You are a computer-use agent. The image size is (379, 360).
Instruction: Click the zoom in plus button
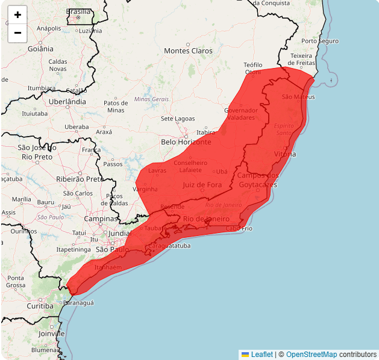coord(17,15)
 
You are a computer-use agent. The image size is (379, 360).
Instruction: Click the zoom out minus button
coord(17,33)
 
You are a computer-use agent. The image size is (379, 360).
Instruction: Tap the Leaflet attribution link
coord(261,355)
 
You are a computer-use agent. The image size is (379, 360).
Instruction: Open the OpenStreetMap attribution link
coord(312,355)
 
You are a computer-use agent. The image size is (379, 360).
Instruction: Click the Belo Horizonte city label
coord(186,142)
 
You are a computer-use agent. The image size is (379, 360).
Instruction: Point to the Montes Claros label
coord(189,51)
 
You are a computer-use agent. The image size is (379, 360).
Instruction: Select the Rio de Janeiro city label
coord(206,219)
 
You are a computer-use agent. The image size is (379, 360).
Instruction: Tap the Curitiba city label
coord(40,306)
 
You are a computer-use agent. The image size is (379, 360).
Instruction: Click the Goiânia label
coord(40,48)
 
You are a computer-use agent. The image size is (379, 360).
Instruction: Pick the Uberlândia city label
coord(67,102)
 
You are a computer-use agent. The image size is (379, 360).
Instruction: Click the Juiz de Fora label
coord(202,185)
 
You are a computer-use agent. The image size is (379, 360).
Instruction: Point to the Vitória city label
coord(285,154)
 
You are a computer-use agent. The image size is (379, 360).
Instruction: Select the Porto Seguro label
coord(320,41)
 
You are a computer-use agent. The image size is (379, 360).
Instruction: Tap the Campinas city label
coord(101,219)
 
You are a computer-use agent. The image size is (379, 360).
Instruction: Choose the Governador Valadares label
coord(241,114)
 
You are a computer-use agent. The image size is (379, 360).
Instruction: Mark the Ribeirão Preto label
coord(80,179)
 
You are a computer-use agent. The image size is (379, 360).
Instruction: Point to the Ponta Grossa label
coord(16,282)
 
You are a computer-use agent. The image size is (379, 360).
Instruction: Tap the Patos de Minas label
coord(116,107)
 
